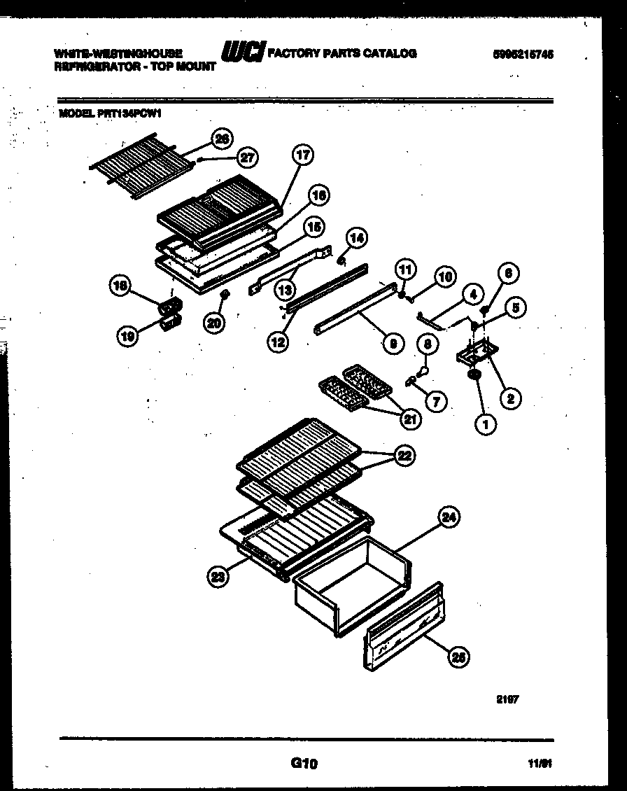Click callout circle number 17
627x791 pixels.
(x=302, y=155)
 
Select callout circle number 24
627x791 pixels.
(x=449, y=517)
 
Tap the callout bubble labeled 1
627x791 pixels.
(x=485, y=423)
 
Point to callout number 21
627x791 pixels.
(x=411, y=419)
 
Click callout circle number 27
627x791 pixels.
(x=247, y=158)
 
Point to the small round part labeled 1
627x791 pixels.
(x=476, y=377)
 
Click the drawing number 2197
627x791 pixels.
(x=507, y=699)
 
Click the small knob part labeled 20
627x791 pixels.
(x=225, y=297)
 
